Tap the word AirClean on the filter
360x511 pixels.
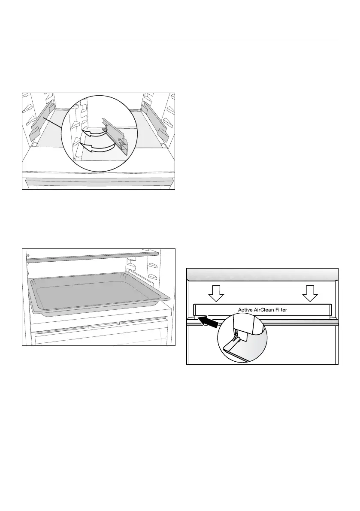[267, 309]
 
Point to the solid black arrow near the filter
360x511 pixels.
[208, 321]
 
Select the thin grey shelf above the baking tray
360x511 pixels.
[92, 257]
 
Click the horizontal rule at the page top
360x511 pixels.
[180, 38]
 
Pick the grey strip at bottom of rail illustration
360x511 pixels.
[99, 183]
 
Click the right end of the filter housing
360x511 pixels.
[329, 310]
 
